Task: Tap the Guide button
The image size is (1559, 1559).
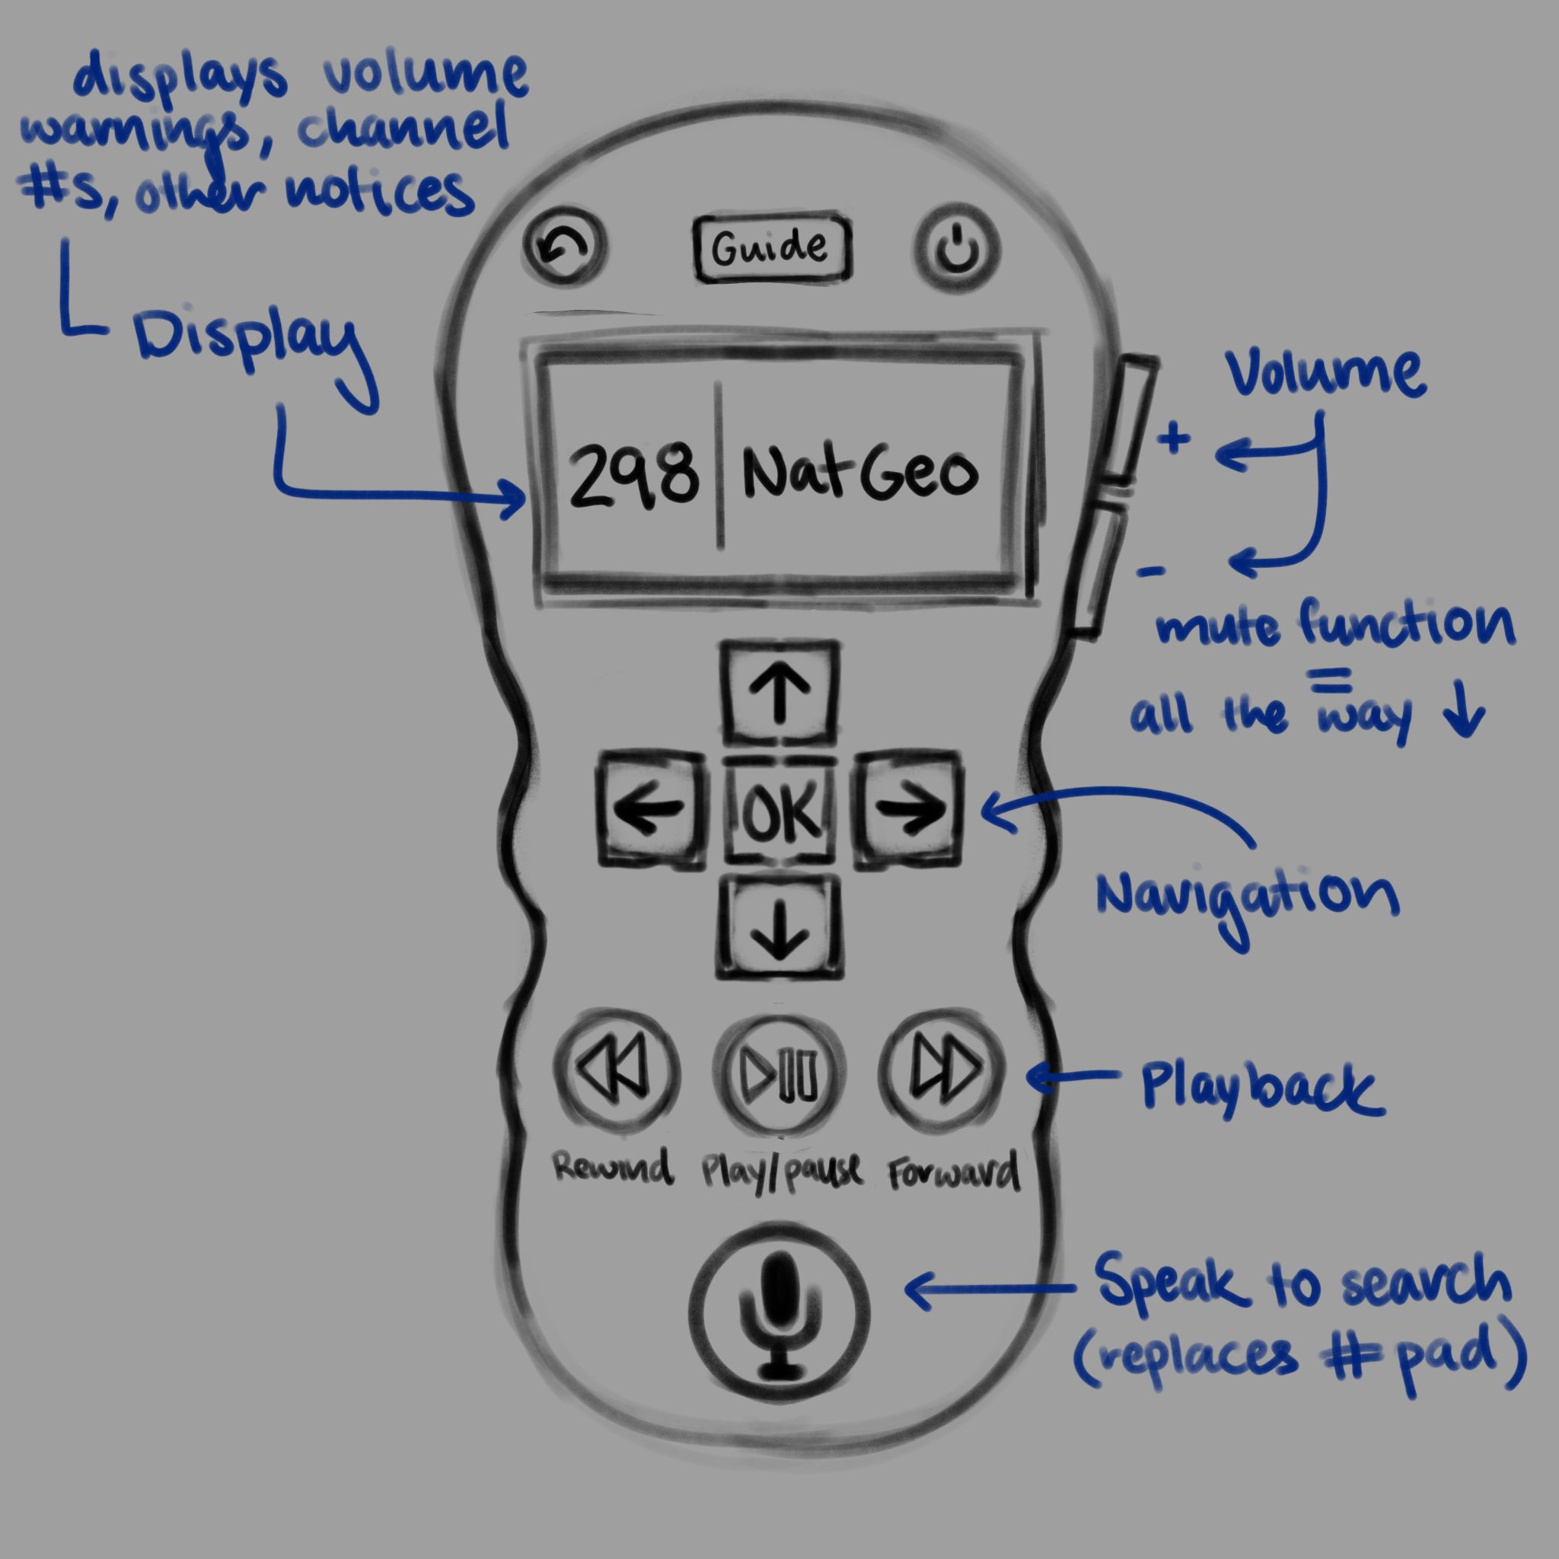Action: coord(771,247)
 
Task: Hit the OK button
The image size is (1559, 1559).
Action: coord(779,811)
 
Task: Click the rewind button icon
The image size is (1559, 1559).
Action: coord(616,1072)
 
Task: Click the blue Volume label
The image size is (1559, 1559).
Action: coord(1325,373)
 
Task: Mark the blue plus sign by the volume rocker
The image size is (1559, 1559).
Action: coord(1174,438)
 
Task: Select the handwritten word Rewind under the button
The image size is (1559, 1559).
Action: coord(613,1167)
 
